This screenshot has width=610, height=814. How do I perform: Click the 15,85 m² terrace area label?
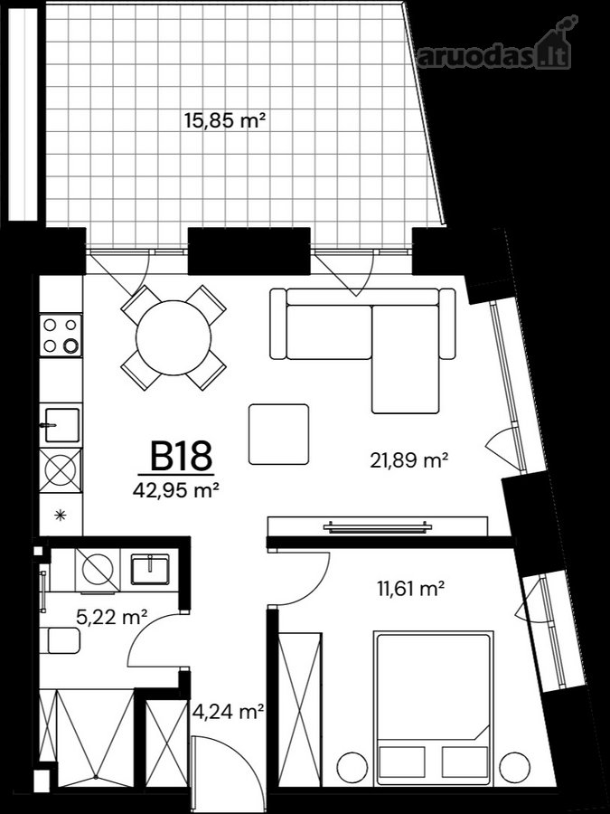[x=225, y=121]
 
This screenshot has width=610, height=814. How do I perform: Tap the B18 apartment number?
[x=181, y=456]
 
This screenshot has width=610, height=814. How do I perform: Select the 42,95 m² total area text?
[x=175, y=490]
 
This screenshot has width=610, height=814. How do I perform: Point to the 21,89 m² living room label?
[x=408, y=460]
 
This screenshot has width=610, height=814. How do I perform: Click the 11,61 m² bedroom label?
[x=409, y=589]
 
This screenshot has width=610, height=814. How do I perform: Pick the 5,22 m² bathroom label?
[x=112, y=617]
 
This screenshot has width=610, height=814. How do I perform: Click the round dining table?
[x=174, y=338]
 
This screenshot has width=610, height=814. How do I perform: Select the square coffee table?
[x=278, y=434]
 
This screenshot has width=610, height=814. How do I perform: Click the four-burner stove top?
[x=61, y=335]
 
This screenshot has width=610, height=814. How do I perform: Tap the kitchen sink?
[x=61, y=425]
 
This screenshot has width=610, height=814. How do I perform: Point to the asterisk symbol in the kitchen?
[x=61, y=515]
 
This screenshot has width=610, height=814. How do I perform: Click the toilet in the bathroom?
[x=61, y=640]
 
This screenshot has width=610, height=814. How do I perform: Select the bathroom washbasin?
[x=149, y=570]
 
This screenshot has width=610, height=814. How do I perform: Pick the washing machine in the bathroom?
[x=98, y=570]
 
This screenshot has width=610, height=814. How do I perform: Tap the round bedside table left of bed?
[x=352, y=767]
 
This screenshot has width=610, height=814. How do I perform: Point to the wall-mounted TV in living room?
[x=377, y=527]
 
